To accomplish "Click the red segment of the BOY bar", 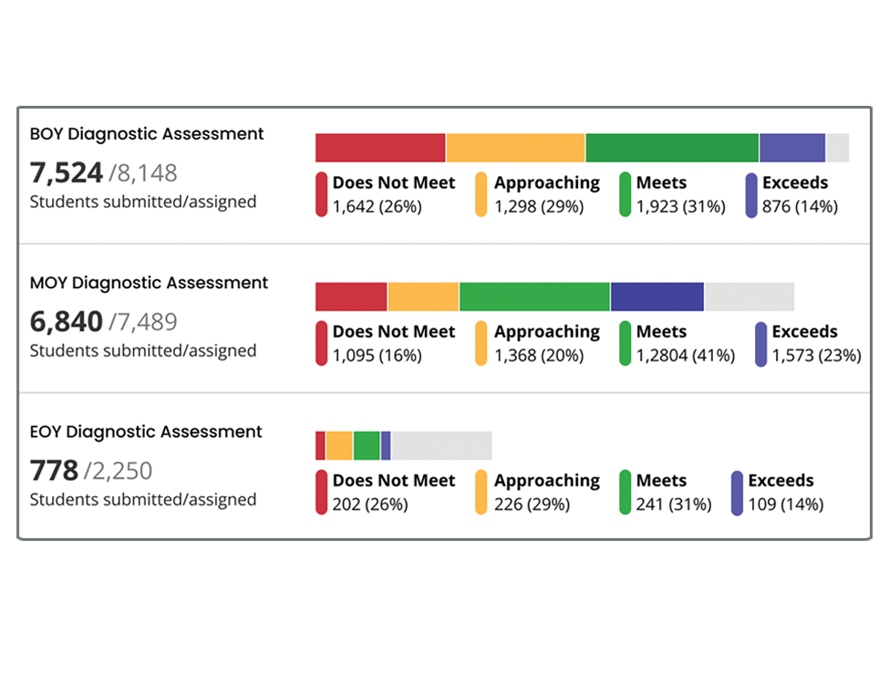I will pos(380,148).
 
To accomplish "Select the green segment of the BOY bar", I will pos(672,148).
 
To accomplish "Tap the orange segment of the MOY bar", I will pos(423,296).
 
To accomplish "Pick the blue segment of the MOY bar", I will pos(656,296).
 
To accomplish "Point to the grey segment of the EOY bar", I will pos(441,445).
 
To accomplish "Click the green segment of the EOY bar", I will pos(367,445).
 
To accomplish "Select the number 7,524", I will pos(67,172).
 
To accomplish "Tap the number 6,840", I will pos(67,321).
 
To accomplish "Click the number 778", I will pos(55,471).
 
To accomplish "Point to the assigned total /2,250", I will pos(119,472).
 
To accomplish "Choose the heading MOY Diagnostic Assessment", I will pos(149,283).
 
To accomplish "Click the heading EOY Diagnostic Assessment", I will pos(146,431).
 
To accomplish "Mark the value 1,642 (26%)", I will pos(377,207).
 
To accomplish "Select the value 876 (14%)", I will pos(800,207).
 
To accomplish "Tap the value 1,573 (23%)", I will pos(816,356).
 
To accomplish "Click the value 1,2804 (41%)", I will pos(685,356).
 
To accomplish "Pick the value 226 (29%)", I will pos(532,504).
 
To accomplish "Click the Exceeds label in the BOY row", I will pos(795,182).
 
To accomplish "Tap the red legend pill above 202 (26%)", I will pos(321,493).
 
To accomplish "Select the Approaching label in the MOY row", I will pos(547,332).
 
